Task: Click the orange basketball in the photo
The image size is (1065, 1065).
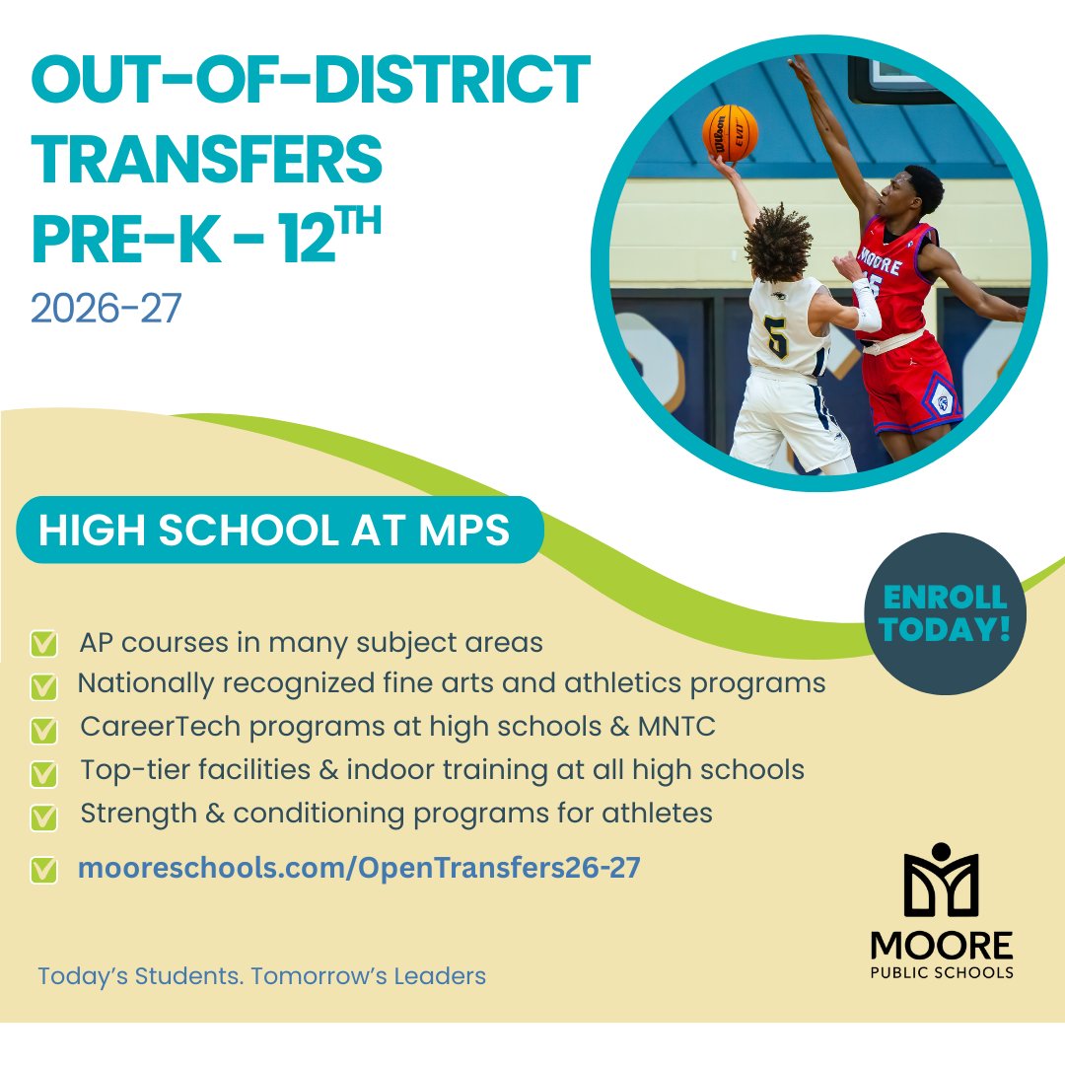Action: click(730, 133)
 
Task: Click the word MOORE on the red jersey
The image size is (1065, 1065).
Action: click(881, 255)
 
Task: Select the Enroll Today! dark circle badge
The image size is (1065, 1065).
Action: click(945, 613)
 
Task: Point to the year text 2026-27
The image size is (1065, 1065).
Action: click(106, 308)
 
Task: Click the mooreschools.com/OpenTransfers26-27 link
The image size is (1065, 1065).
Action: click(359, 869)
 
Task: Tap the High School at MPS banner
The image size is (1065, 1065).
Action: click(274, 531)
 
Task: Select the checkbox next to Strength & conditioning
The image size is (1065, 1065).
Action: click(42, 816)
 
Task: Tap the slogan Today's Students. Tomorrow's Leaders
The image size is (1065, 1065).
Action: click(261, 977)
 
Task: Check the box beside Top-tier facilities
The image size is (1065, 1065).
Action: click(42, 773)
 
